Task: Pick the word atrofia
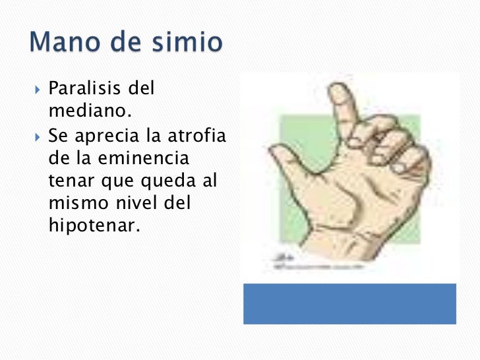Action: click(193, 137)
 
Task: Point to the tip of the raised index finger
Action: click(341, 92)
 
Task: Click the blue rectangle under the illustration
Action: click(349, 303)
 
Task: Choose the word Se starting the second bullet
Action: click(57, 137)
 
